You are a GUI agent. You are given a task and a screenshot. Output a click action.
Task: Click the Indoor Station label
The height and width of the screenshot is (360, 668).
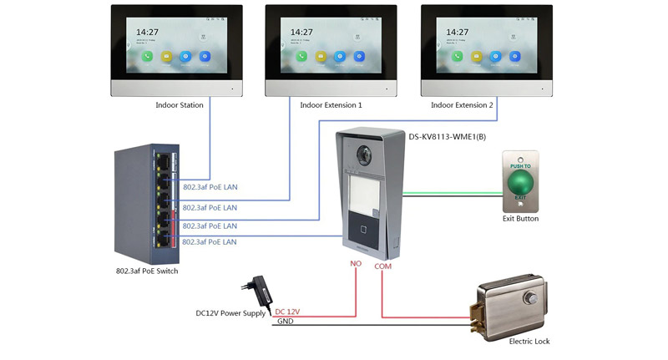[180, 106]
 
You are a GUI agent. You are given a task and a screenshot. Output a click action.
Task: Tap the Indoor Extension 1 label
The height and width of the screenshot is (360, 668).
[331, 106]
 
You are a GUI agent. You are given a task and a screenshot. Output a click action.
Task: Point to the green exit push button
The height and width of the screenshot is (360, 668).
[520, 180]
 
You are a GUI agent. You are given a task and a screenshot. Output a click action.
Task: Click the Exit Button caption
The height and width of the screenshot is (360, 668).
[520, 219]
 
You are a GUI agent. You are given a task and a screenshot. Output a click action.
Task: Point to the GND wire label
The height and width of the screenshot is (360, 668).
[284, 322]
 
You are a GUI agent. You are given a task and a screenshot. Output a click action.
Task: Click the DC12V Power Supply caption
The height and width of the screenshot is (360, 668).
[230, 313]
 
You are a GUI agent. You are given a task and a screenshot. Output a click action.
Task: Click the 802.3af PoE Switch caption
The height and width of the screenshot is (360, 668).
[147, 271]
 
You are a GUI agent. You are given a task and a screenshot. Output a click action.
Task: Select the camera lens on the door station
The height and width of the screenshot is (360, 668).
[366, 155]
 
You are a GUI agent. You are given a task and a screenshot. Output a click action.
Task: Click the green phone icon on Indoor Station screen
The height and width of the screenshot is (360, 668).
[148, 57]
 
